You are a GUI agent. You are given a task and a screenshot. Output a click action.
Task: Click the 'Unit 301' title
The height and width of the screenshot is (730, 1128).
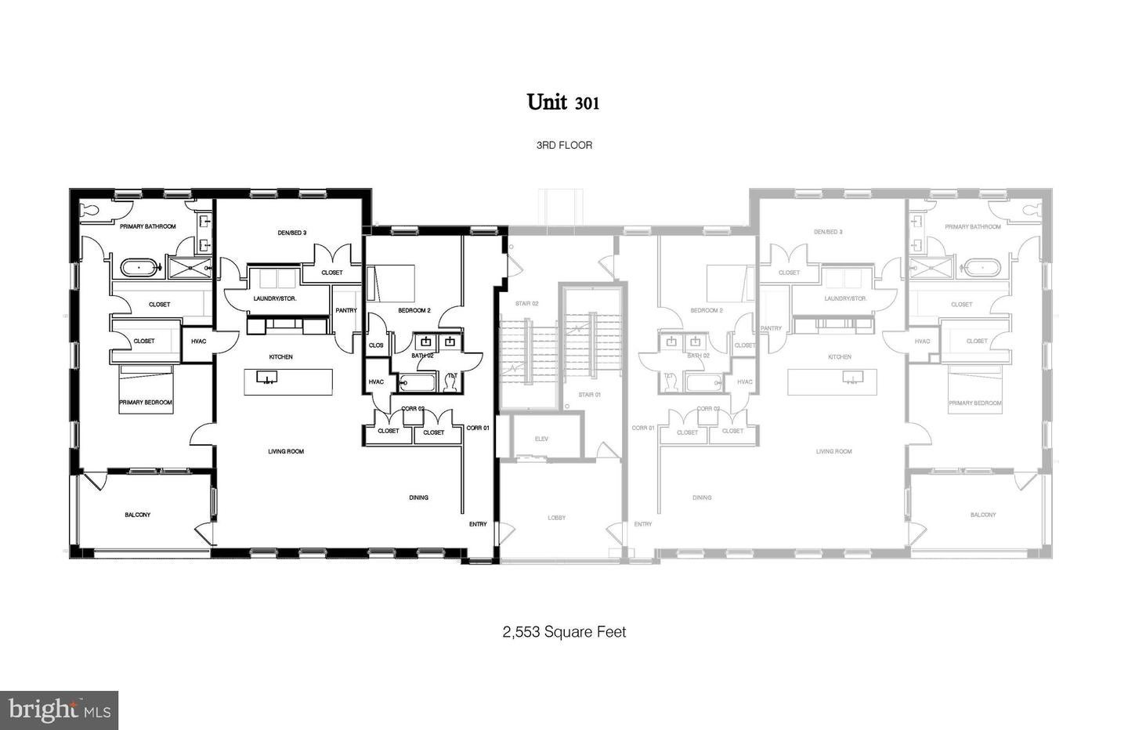pyautogui.click(x=563, y=103)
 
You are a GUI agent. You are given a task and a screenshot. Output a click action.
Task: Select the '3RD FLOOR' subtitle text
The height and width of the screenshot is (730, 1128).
pyautogui.click(x=563, y=145)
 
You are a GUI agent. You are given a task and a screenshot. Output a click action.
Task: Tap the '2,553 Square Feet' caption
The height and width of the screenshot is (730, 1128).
pyautogui.click(x=564, y=631)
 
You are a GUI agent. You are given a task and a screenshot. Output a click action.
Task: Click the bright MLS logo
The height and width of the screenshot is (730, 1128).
pyautogui.click(x=59, y=710)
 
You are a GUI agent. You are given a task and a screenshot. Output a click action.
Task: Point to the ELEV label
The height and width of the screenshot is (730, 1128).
pyautogui.click(x=541, y=439)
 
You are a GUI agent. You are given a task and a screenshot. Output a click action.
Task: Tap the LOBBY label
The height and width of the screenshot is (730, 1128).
pyautogui.click(x=556, y=518)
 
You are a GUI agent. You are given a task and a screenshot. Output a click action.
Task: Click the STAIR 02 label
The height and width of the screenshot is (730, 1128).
pyautogui.click(x=526, y=303)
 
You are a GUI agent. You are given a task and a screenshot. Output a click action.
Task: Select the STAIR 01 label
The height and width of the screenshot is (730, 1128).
pyautogui.click(x=589, y=395)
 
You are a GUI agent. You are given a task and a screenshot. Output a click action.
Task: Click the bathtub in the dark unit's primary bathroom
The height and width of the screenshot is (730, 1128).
pyautogui.click(x=140, y=269)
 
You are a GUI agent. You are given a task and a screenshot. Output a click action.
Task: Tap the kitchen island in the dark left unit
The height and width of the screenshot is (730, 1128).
pyautogui.click(x=288, y=381)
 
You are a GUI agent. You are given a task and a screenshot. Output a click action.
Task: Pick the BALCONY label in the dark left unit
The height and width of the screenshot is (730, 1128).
pyautogui.click(x=138, y=515)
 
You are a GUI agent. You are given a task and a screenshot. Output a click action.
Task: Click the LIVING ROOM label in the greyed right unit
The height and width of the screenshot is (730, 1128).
pyautogui.click(x=833, y=451)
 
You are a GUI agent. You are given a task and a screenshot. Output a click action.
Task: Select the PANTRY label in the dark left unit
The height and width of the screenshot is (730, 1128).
pyautogui.click(x=346, y=310)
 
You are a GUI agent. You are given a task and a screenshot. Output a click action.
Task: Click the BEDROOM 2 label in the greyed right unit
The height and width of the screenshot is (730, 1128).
pyautogui.click(x=706, y=310)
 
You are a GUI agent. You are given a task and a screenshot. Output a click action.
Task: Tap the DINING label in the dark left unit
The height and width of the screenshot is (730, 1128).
pyautogui.click(x=418, y=497)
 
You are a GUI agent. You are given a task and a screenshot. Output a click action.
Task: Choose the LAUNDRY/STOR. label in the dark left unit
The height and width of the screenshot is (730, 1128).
pyautogui.click(x=275, y=298)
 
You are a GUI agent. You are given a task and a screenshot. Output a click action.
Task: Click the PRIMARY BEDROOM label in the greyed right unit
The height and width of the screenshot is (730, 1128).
pyautogui.click(x=974, y=403)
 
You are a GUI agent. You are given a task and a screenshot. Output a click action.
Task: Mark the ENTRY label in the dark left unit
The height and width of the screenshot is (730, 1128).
pyautogui.click(x=478, y=524)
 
